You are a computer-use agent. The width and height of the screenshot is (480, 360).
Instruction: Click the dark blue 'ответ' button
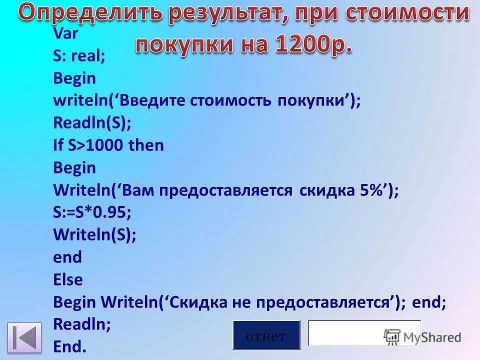pos(266,335)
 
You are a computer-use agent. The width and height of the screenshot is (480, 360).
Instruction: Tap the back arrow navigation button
pos(24,336)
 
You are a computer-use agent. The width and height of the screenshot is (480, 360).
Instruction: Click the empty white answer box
pos(345,333)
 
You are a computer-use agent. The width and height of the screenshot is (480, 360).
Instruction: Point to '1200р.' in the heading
pos(312,44)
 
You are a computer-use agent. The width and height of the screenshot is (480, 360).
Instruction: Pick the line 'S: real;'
pos(79,56)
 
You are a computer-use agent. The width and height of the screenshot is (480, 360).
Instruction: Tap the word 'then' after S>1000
pos(146,145)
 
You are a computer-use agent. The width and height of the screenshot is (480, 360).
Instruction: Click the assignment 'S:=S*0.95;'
pos(92,212)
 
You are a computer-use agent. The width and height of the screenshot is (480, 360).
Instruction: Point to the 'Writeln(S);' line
pos(94,234)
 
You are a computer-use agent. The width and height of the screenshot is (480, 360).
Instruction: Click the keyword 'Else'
pos(68,279)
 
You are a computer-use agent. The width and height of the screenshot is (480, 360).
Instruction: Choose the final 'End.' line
pos(69,346)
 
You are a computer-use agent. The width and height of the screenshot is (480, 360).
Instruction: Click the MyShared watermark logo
pos(422,336)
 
